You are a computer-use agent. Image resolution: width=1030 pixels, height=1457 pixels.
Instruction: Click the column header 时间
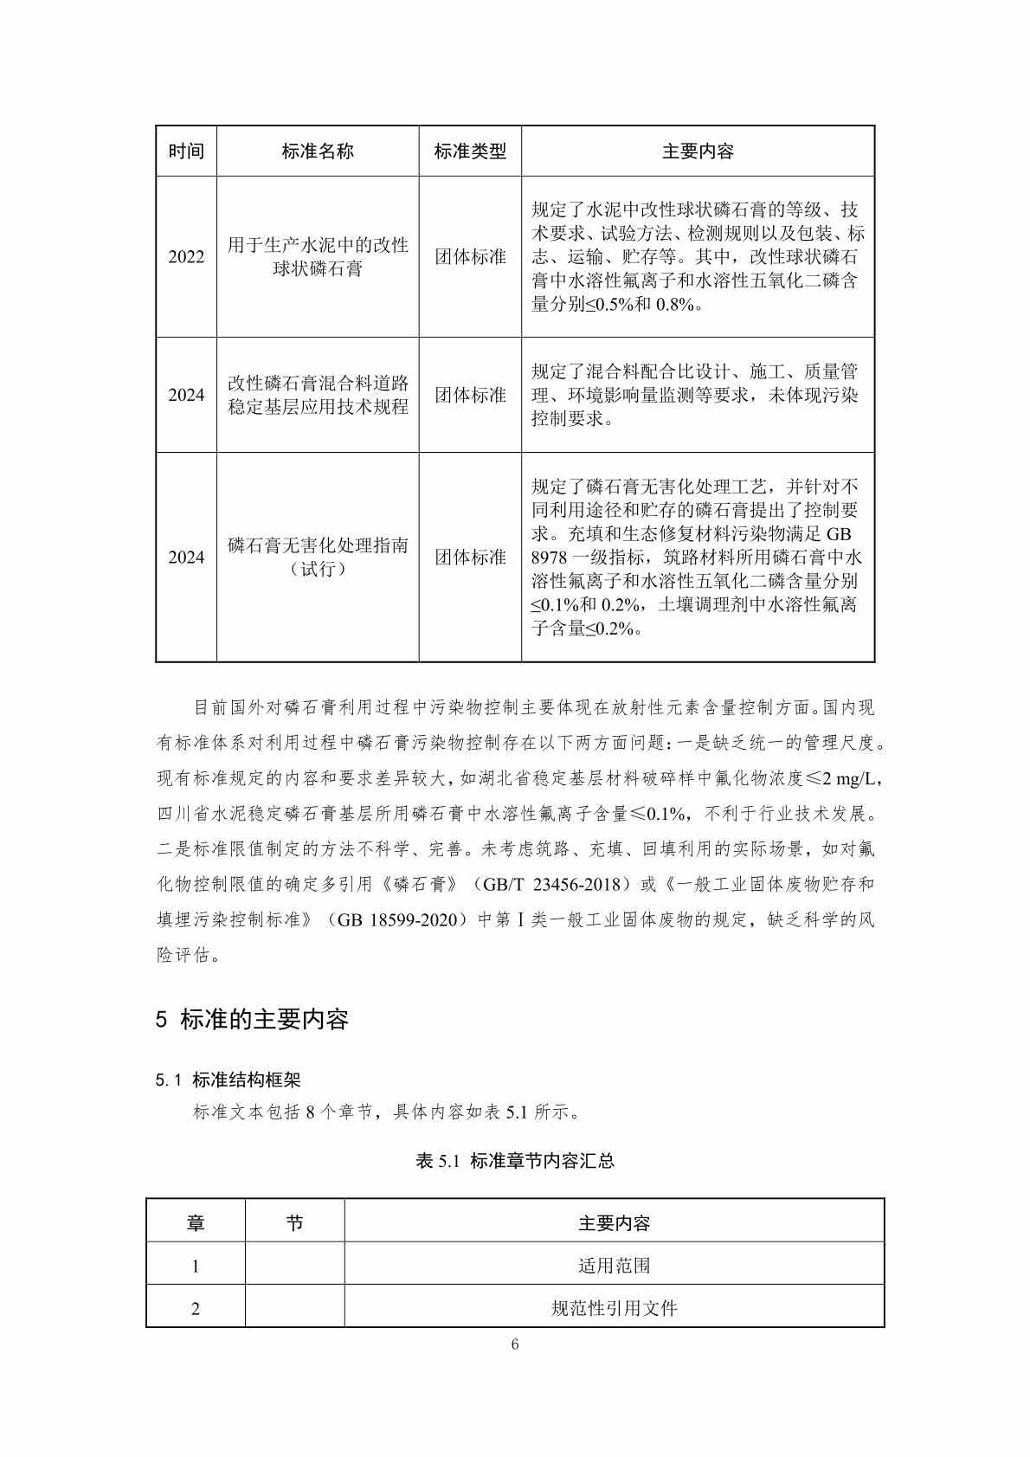pos(186,152)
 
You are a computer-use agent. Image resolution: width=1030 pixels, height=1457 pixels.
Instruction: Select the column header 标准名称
pos(318,152)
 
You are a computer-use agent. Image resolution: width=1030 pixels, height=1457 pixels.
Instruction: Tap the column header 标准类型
pos(470,152)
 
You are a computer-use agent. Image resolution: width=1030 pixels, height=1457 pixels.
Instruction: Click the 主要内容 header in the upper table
pos(698,152)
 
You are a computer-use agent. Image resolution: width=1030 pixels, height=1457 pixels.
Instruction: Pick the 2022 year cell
pos(186,257)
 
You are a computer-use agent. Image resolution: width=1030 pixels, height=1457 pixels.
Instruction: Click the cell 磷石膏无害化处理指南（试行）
pos(318,557)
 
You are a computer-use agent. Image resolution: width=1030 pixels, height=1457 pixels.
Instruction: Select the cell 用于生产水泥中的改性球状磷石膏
pos(318,257)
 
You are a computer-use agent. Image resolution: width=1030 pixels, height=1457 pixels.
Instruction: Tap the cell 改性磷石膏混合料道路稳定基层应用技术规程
pos(318,395)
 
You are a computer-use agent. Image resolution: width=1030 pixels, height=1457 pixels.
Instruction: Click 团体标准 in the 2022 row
pos(470,257)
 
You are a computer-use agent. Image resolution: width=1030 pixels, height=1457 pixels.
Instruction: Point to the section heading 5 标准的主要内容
pos(252,1020)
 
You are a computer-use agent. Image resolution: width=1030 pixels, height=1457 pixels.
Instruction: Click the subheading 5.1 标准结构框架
pos(229,1080)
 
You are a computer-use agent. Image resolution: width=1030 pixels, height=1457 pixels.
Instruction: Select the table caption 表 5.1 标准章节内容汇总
pos(515,1161)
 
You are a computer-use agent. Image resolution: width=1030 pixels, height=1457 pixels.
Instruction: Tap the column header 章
pos(196,1223)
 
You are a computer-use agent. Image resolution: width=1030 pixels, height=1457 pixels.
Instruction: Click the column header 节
pos(294,1223)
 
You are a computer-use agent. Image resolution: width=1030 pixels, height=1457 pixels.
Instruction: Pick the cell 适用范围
pos(614,1266)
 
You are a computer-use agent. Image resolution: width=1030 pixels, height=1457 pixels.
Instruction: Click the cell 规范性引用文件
pos(614,1308)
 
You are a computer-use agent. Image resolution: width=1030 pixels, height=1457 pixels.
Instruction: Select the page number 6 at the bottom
pos(515,1344)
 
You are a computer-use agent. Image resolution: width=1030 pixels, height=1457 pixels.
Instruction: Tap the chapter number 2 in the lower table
pos(196,1308)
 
